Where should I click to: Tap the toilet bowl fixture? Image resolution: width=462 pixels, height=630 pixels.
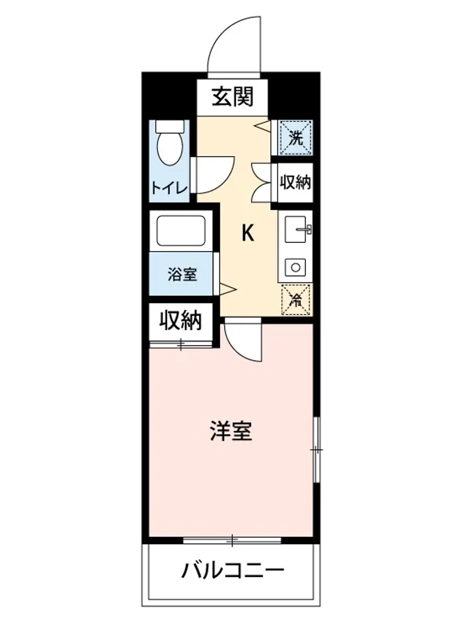(170, 149)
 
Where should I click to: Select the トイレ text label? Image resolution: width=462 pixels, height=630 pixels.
(169, 187)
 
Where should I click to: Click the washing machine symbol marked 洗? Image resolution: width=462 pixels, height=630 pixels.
(296, 138)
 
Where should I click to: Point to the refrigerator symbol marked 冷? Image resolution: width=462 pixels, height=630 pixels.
(297, 300)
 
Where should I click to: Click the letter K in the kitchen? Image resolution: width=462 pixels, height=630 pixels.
(247, 233)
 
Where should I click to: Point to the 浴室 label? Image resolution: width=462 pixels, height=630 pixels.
(182, 274)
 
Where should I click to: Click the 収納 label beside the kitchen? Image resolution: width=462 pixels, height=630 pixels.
(296, 182)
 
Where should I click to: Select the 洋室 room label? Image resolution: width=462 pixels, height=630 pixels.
(231, 432)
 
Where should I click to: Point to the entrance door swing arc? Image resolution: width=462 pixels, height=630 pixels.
(231, 42)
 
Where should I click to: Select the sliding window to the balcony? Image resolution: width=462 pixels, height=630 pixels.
(232, 539)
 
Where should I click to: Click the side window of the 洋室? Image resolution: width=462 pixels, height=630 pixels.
(317, 450)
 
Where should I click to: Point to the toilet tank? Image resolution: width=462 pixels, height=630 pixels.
(171, 127)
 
